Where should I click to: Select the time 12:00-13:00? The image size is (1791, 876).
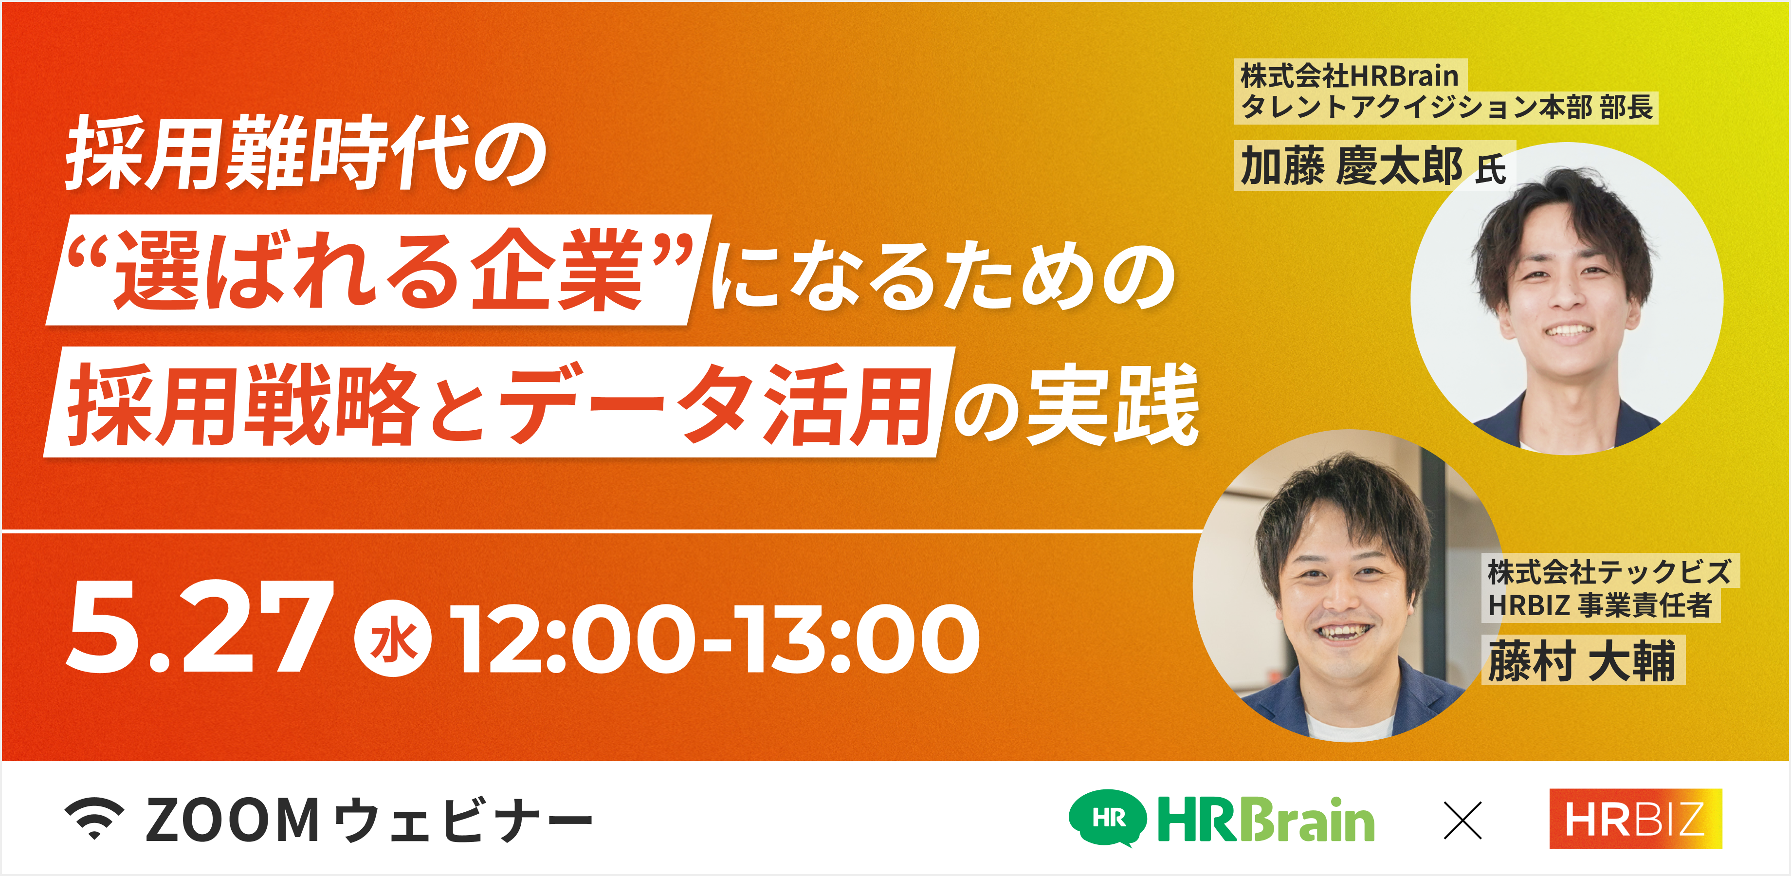click(x=715, y=638)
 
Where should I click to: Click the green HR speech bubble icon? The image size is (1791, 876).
click(x=1107, y=818)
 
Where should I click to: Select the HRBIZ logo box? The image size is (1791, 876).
click(x=1635, y=819)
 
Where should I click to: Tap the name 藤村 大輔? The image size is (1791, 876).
click(x=1582, y=660)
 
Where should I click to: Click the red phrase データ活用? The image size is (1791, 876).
click(x=716, y=403)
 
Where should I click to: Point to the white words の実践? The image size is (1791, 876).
click(x=1074, y=405)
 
